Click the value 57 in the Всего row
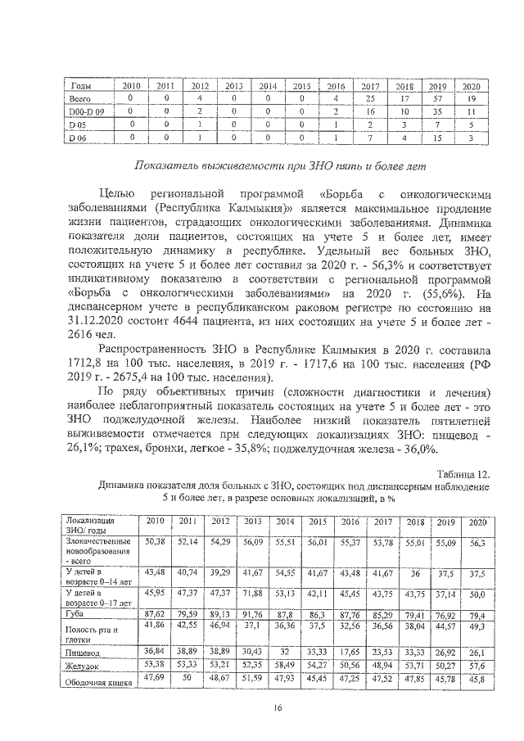(x=436, y=98)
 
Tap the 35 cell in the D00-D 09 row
(x=436, y=111)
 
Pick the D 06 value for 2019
(x=436, y=138)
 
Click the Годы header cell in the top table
(x=82, y=86)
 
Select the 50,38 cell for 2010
(x=156, y=541)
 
